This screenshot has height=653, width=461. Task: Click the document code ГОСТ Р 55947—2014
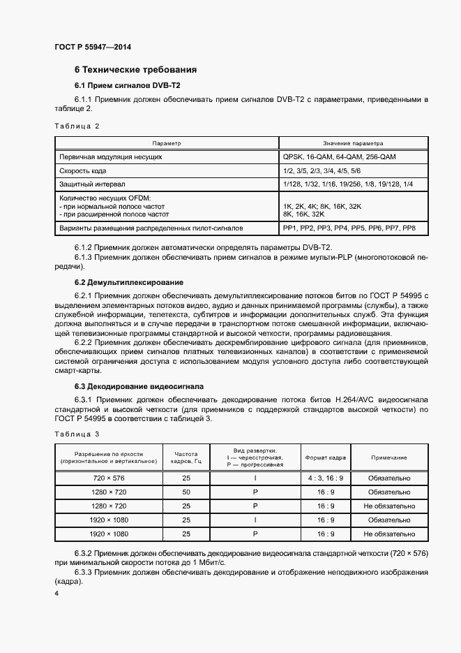[92, 47]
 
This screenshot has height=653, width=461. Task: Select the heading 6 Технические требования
[135, 70]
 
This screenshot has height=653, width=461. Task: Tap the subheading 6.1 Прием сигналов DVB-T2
[127, 85]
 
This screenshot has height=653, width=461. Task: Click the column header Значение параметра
[353, 143]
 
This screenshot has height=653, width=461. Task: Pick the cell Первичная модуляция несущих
[112, 157]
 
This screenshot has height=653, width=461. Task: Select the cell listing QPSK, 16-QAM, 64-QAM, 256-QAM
[339, 157]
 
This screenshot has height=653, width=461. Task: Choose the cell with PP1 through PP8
[349, 229]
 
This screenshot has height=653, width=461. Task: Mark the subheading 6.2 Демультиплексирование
[129, 282]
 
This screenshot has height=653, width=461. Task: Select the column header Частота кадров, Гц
[186, 457]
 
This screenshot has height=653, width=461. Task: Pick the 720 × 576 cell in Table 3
[109, 478]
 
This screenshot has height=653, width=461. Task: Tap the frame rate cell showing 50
[186, 492]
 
